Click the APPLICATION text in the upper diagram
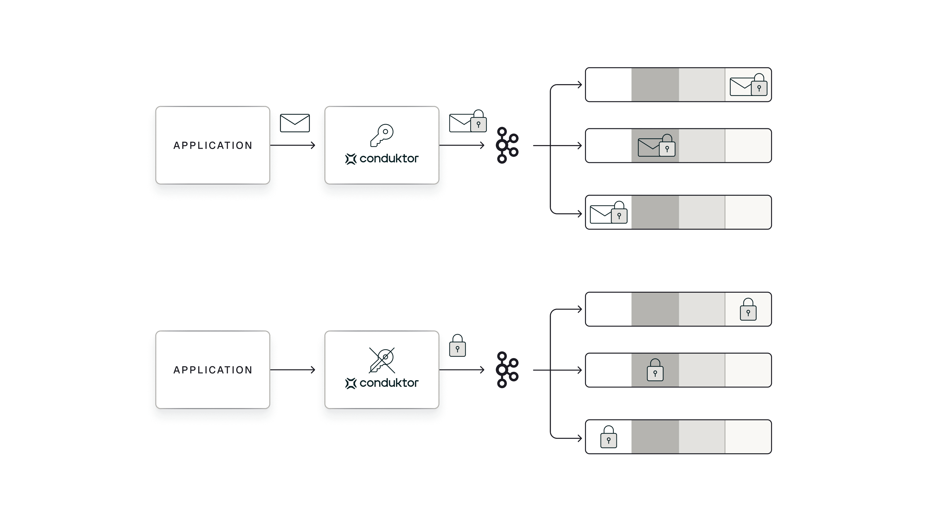(213, 145)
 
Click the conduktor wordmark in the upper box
(389, 159)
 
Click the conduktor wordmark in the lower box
(389, 383)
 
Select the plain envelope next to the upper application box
(295, 123)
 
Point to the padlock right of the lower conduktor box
(457, 346)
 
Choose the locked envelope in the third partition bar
(608, 213)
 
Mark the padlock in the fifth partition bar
(655, 370)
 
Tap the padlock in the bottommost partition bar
(608, 437)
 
